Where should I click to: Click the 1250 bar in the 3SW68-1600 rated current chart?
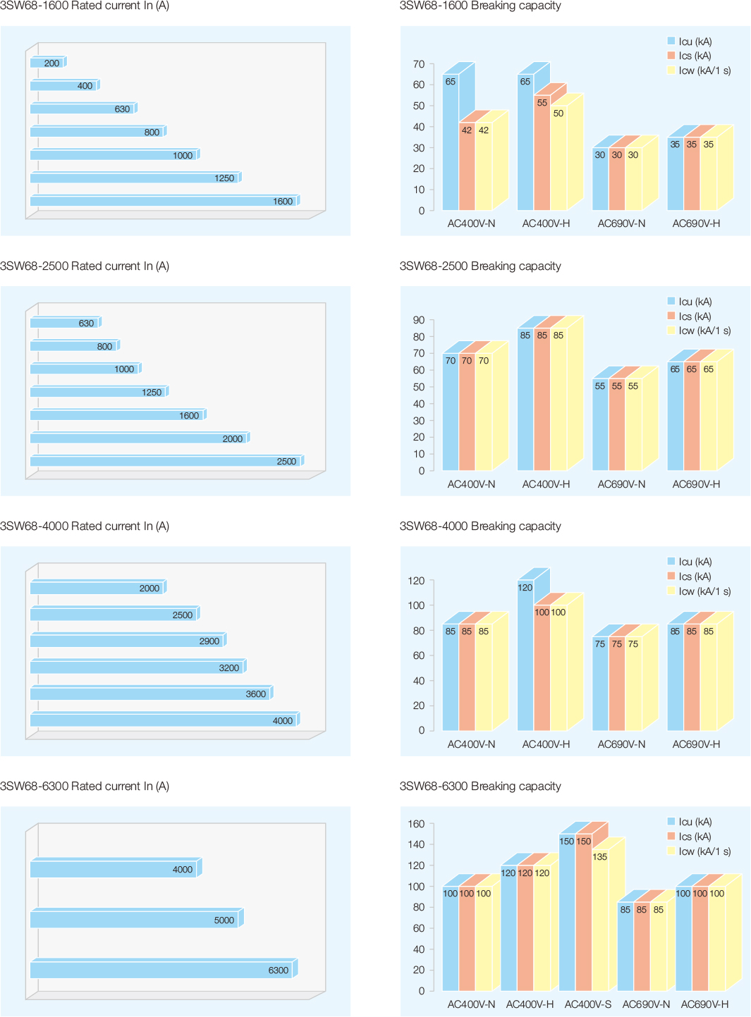click(134, 178)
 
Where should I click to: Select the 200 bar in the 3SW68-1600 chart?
click(47, 63)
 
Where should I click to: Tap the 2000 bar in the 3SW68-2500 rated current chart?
click(139, 438)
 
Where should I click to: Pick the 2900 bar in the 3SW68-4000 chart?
click(127, 641)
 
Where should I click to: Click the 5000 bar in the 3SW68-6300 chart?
click(135, 920)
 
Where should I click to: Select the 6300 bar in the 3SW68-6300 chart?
click(162, 970)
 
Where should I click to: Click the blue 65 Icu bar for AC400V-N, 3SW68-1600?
click(450, 141)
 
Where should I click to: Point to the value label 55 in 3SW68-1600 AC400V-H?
click(542, 103)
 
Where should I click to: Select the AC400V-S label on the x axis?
click(587, 1004)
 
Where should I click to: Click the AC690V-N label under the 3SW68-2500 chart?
click(621, 484)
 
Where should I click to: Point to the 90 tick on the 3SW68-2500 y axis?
click(419, 320)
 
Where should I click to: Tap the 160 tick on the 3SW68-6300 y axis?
click(416, 824)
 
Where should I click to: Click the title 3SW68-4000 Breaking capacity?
click(480, 526)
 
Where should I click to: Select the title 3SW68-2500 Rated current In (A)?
click(85, 266)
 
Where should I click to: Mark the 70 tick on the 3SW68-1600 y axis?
click(419, 64)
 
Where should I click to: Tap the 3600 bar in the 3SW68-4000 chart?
click(150, 694)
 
